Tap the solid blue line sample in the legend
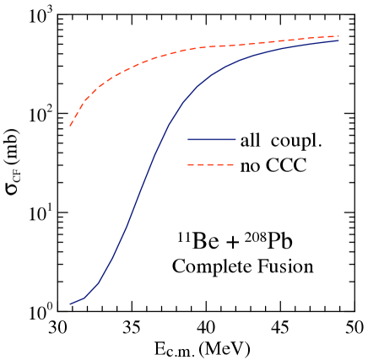coord(211,139)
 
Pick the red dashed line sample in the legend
coord(211,164)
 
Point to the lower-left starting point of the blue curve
coord(70,304)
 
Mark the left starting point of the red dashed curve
coord(70,126)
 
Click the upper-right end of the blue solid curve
coord(338,40)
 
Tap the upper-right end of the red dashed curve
coord(338,36)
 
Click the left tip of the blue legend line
coord(188,139)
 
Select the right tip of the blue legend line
coord(235,139)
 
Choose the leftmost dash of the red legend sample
coord(191,164)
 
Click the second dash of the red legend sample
coord(201,164)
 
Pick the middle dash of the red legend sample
coord(211,164)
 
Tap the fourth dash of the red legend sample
coord(221,164)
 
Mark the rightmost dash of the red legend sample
coord(230,164)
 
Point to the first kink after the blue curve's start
coord(85,297)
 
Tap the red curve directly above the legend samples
coord(211,46)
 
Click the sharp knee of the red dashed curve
coord(84,102)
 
